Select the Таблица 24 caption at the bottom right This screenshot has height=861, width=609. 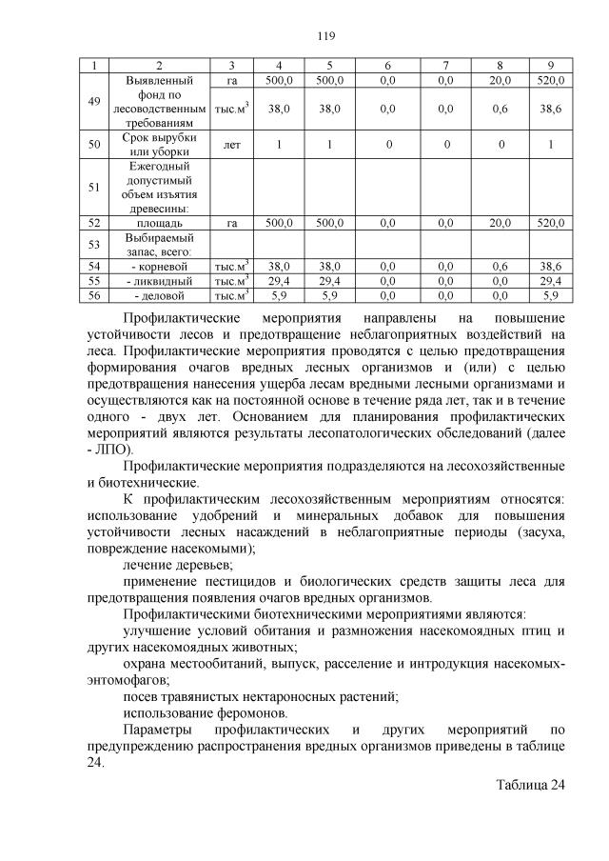click(530, 785)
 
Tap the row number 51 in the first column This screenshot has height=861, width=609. click(93, 188)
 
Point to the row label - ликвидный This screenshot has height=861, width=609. click(159, 282)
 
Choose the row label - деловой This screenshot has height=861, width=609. click(159, 295)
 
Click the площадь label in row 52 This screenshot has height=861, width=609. click(159, 222)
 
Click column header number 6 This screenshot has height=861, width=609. click(387, 66)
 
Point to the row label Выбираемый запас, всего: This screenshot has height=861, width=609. click(159, 245)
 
